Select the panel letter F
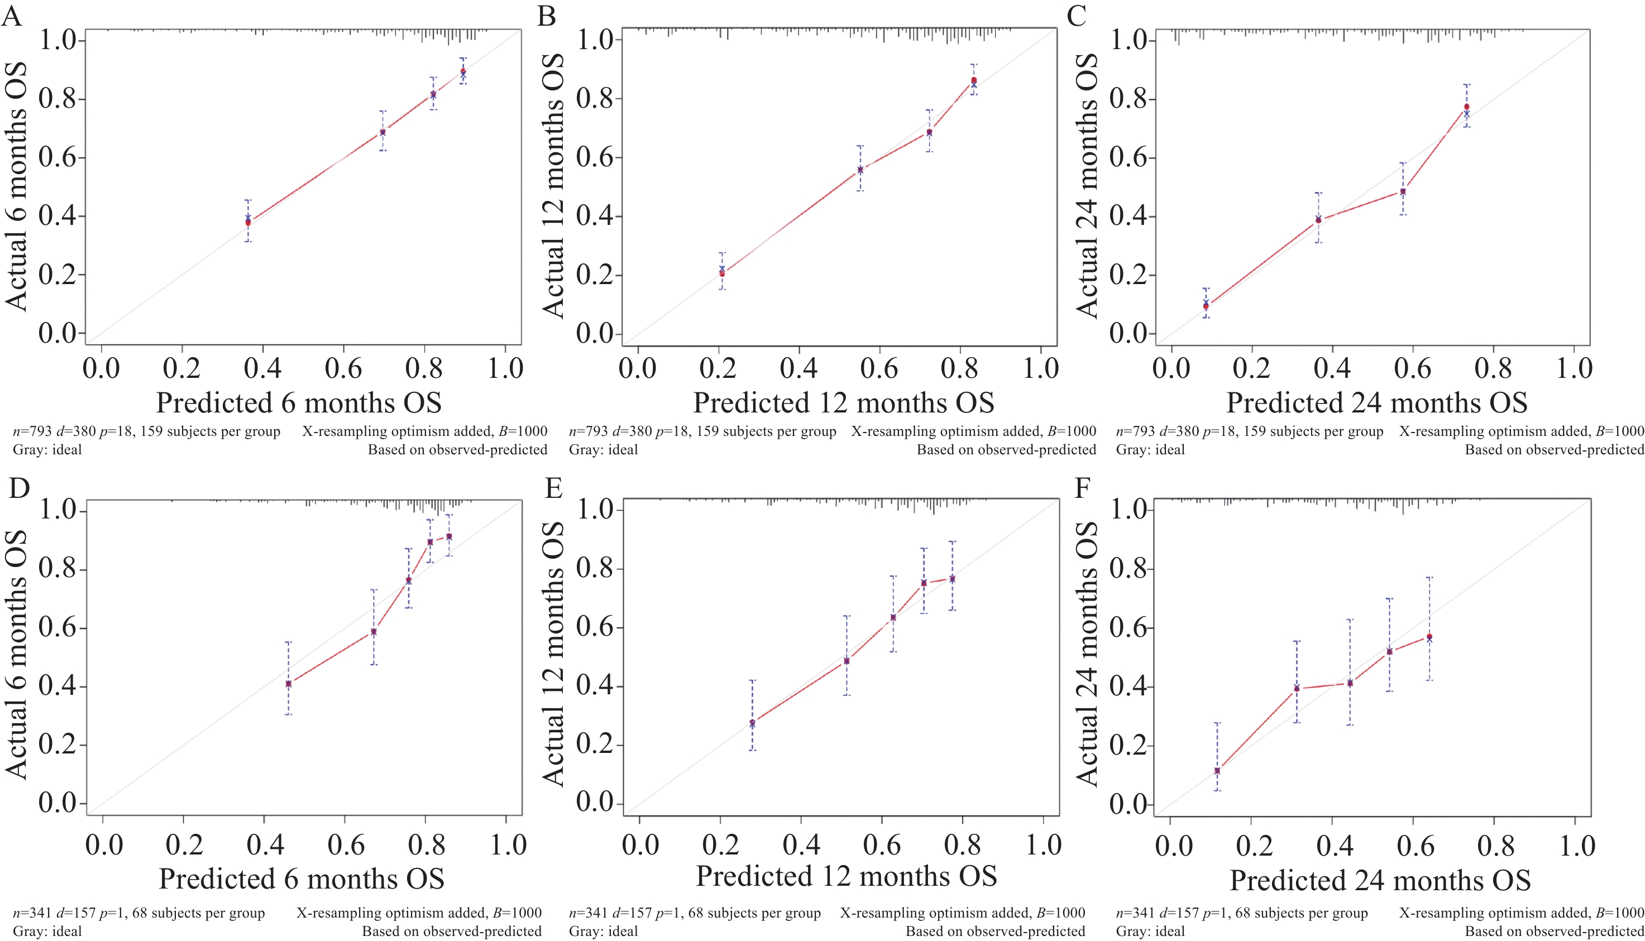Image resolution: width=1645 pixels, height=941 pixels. point(1083,488)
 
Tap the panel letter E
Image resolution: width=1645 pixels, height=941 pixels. point(553,488)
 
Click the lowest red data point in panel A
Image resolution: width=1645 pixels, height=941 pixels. point(248,223)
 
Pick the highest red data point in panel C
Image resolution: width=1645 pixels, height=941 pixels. point(1466,107)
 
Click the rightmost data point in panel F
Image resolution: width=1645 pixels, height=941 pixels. point(1429,637)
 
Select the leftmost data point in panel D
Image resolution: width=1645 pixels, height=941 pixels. point(288,684)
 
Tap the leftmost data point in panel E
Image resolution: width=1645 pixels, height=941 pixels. point(752,723)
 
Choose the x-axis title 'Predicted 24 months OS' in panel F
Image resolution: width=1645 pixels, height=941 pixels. point(1380,880)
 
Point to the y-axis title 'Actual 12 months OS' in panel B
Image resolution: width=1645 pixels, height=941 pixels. point(553,186)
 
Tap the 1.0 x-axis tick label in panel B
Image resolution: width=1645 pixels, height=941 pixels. point(1041,368)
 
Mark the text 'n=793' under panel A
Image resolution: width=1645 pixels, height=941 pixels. point(32,431)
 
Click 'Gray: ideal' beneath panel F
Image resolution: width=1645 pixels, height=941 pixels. point(1150,932)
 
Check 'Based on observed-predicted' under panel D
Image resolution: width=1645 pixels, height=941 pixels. point(451,932)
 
